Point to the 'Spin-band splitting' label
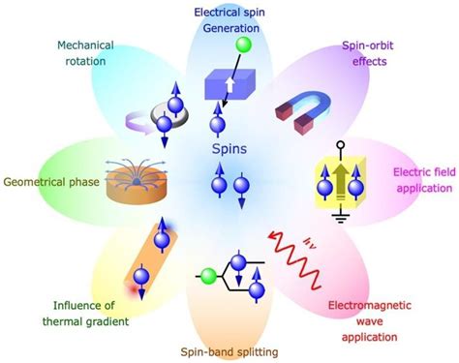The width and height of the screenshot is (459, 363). click(x=229, y=352)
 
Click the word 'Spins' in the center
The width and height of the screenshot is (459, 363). click(x=229, y=150)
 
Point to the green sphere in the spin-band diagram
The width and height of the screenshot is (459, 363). click(x=206, y=275)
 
